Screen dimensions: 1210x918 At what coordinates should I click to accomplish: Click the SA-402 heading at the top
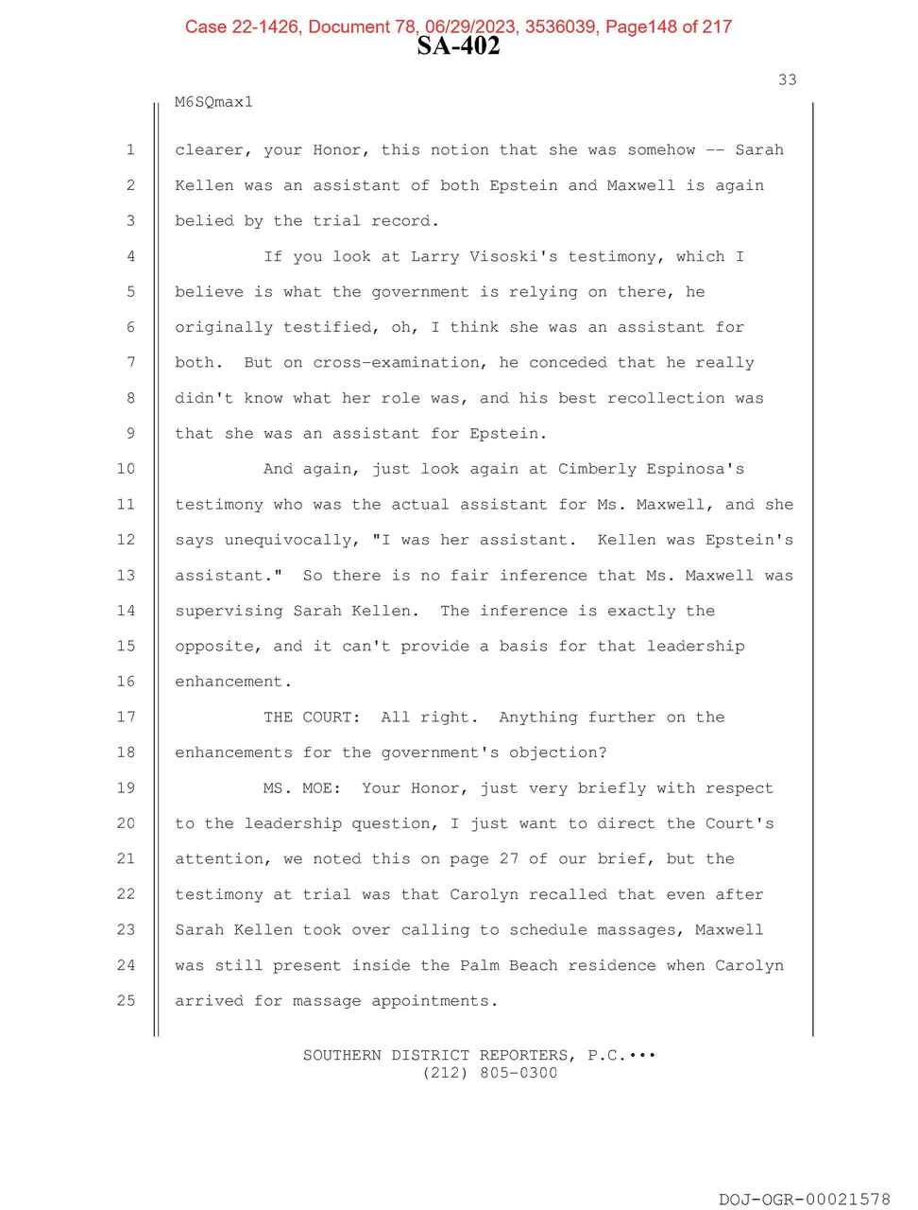[458, 46]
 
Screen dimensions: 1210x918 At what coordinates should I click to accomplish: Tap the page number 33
[787, 80]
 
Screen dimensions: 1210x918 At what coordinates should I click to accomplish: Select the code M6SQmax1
[214, 102]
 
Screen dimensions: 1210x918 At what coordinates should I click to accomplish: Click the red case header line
[458, 26]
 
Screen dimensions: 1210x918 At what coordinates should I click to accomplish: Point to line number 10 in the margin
[126, 469]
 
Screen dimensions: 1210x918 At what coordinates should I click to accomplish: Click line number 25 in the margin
[126, 1000]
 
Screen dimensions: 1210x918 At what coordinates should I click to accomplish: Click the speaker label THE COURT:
[313, 717]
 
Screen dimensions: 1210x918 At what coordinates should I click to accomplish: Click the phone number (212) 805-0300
[489, 1073]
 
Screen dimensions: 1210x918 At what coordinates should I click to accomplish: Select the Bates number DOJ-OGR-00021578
[804, 1200]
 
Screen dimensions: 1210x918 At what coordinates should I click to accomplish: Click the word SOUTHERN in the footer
[342, 1055]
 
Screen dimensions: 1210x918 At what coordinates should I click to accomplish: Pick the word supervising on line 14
[229, 611]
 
